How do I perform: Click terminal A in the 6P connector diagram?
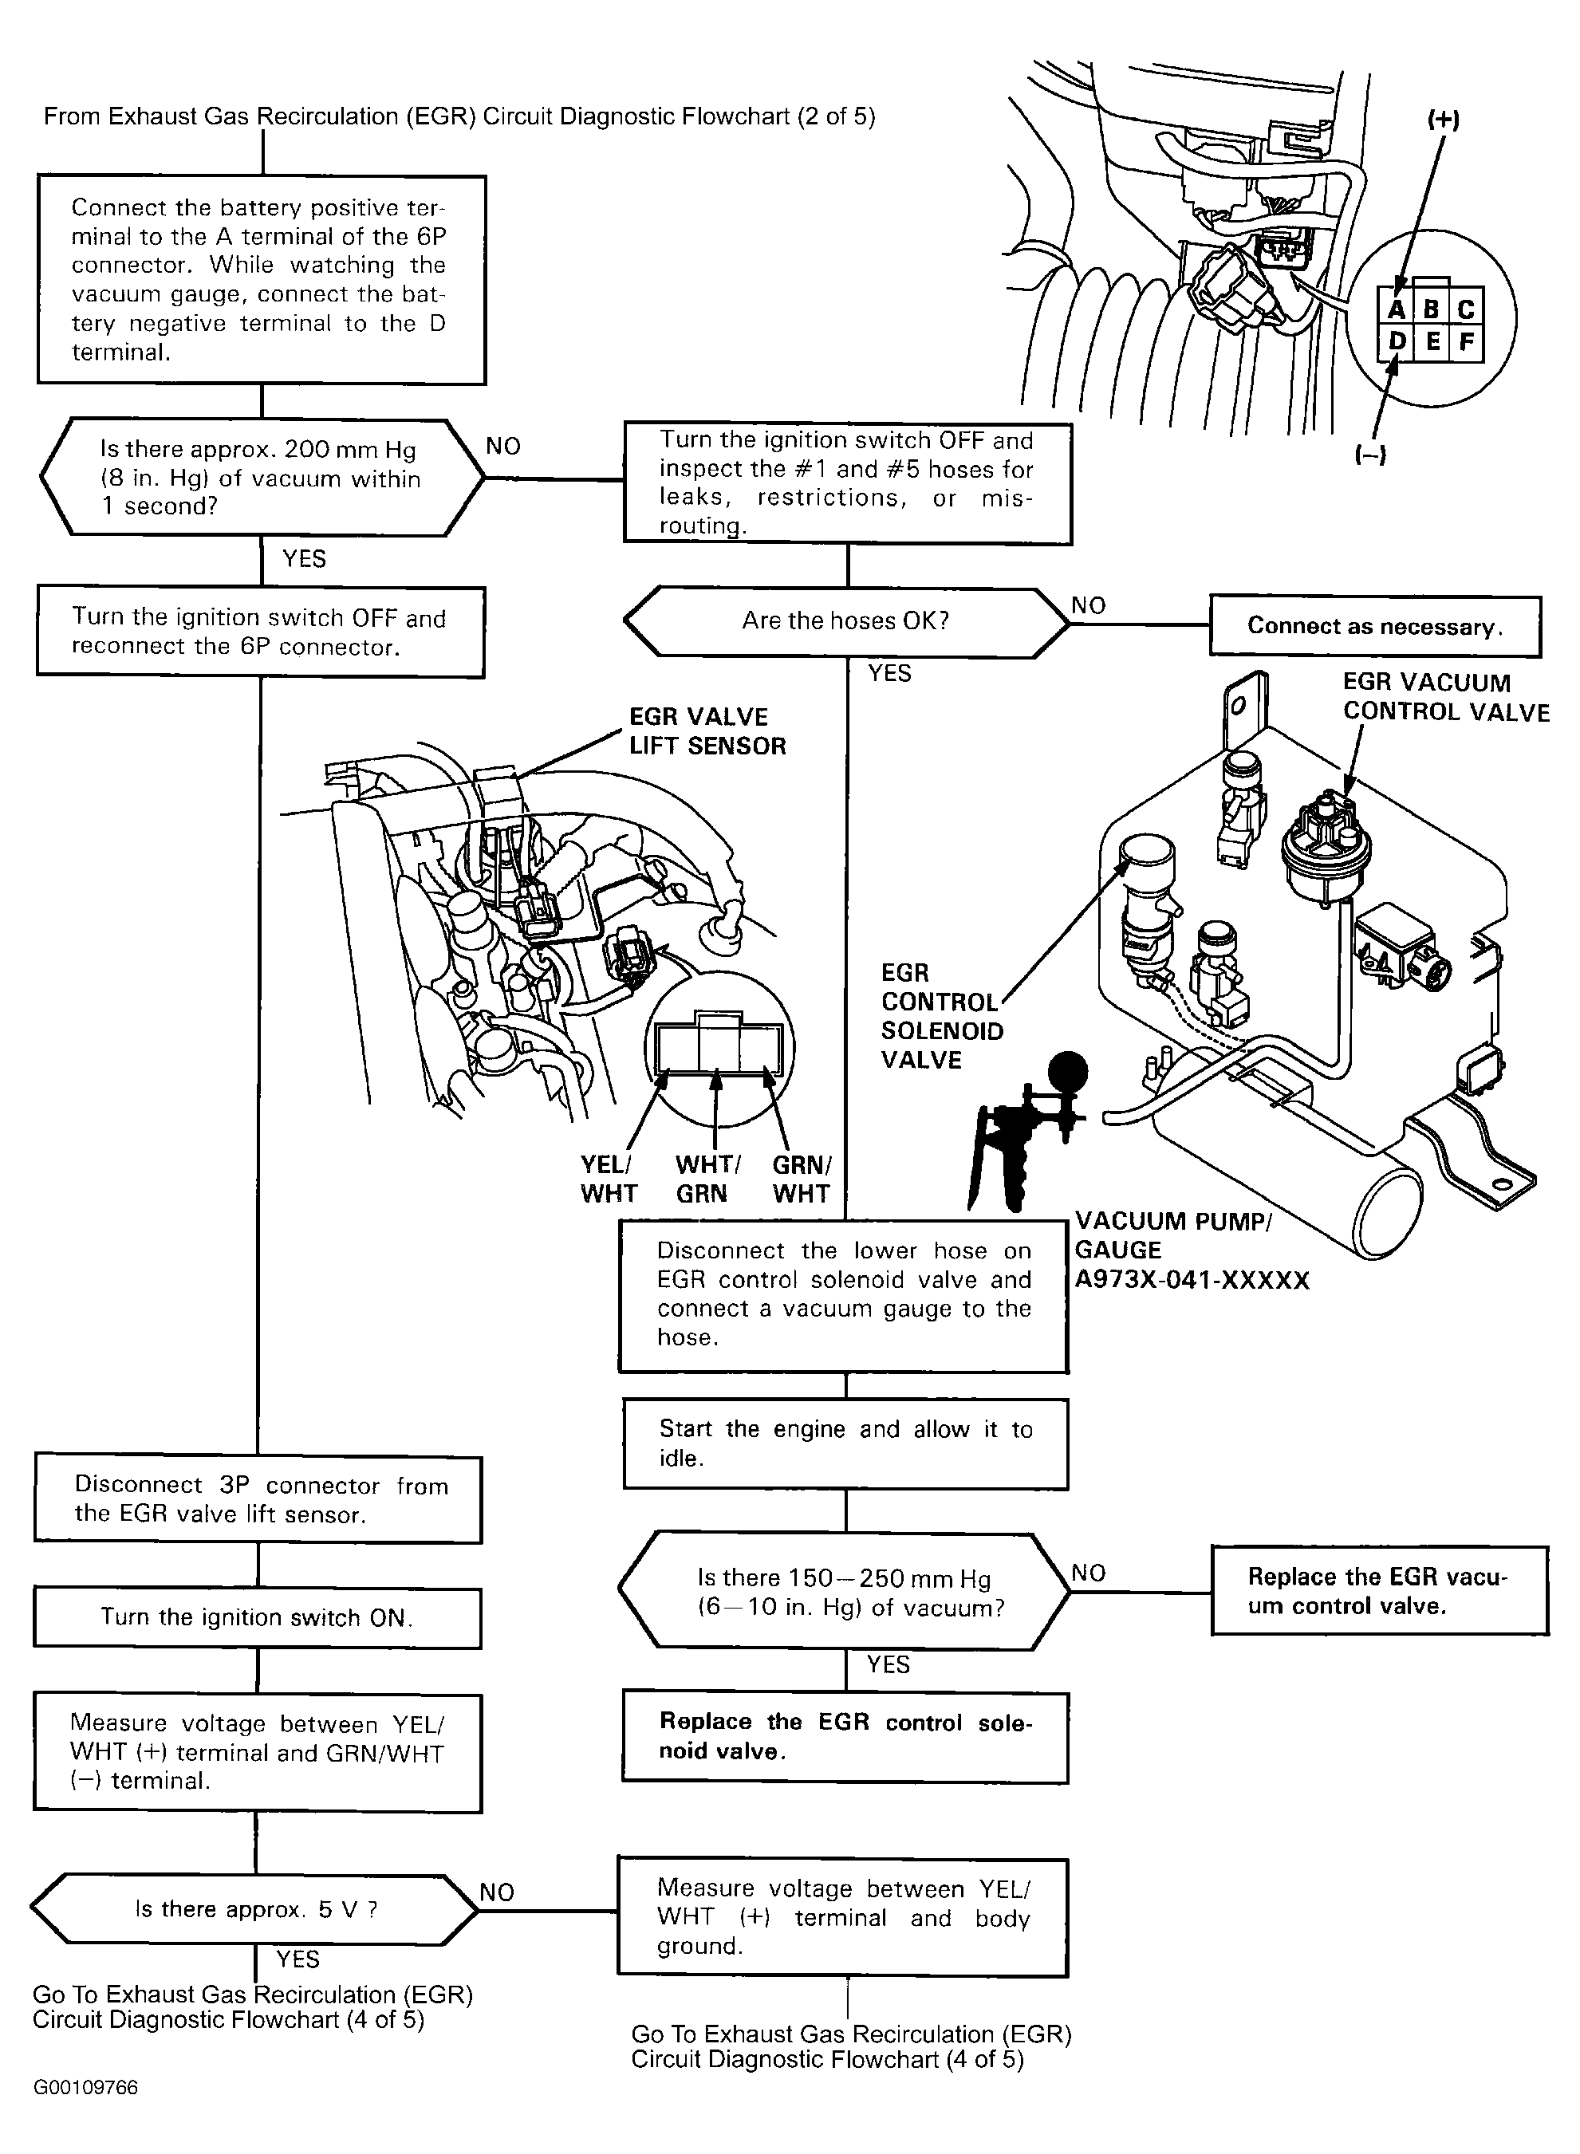(x=1397, y=309)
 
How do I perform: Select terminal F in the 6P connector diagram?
(x=1466, y=342)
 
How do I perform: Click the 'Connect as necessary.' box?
(x=1374, y=626)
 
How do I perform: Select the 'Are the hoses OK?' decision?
(x=846, y=621)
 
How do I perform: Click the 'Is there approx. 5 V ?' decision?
(x=255, y=1909)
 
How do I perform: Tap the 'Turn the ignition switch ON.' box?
(x=258, y=1617)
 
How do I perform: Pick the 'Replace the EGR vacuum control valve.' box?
(x=1379, y=1592)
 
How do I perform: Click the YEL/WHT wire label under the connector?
(x=609, y=1179)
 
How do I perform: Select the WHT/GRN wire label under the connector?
(x=707, y=1179)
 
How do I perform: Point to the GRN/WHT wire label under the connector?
(x=802, y=1179)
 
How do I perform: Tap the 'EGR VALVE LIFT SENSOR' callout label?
(x=707, y=731)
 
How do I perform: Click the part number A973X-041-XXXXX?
(x=1192, y=1279)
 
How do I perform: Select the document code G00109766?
(x=85, y=2087)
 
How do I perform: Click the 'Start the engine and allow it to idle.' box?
(x=845, y=1443)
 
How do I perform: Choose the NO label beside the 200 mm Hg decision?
(x=503, y=447)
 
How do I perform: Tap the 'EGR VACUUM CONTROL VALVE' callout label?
(x=1445, y=697)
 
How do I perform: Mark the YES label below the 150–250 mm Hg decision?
(x=889, y=1664)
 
